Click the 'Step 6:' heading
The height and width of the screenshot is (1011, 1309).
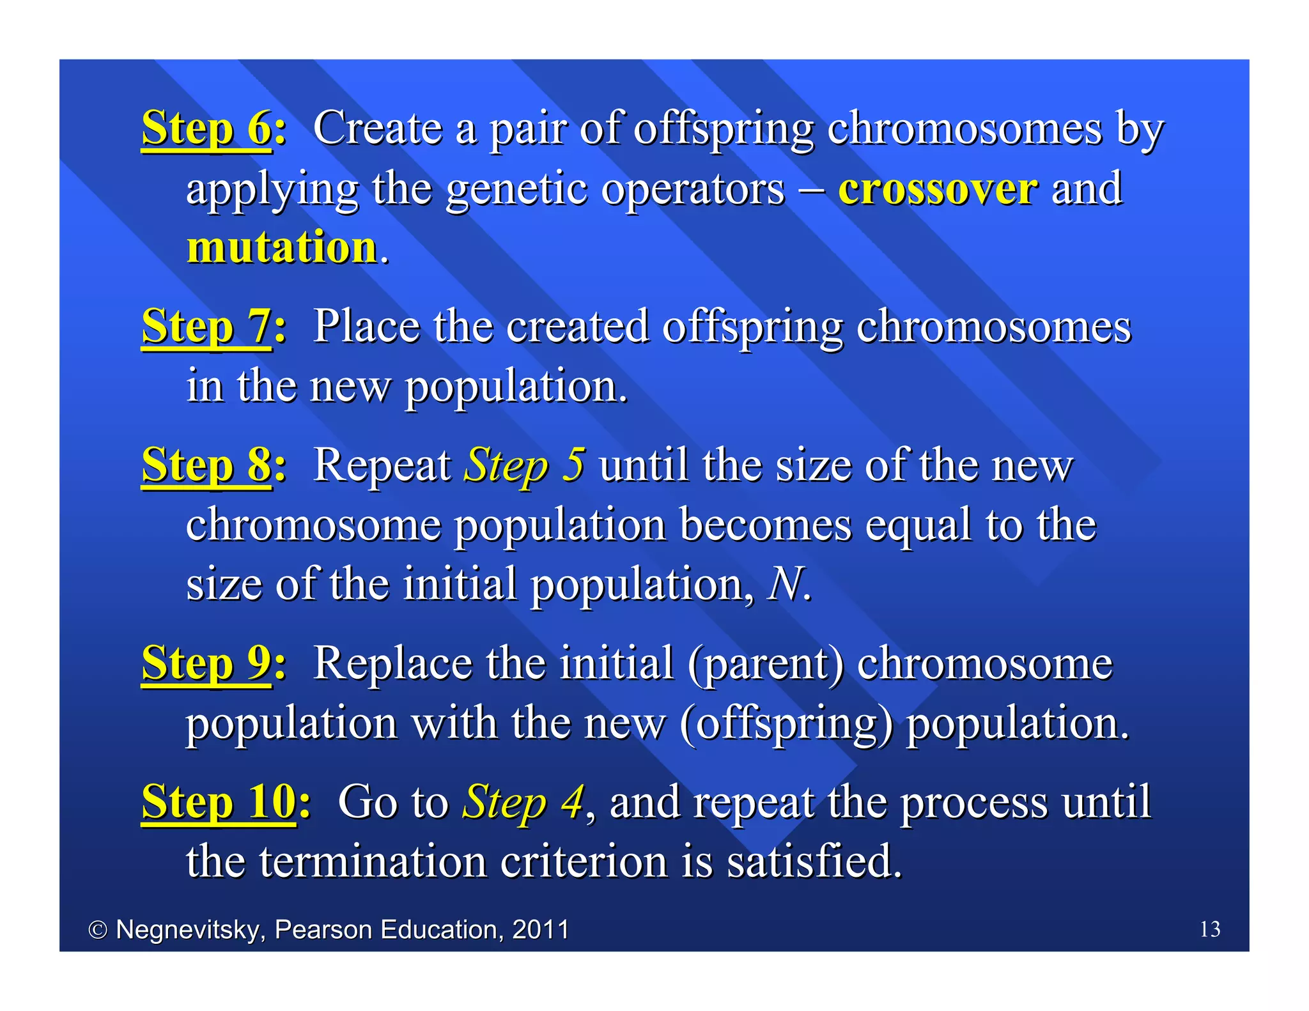click(214, 128)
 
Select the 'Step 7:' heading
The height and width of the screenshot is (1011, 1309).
click(214, 327)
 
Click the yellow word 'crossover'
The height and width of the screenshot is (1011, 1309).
click(938, 189)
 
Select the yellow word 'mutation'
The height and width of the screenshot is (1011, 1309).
click(282, 247)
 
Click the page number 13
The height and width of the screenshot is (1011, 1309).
click(1209, 929)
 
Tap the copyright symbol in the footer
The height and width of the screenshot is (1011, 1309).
click(98, 930)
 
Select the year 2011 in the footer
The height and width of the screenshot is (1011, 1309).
click(541, 929)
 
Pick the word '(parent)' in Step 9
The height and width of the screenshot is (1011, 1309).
click(766, 664)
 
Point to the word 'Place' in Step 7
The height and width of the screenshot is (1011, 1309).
click(366, 327)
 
